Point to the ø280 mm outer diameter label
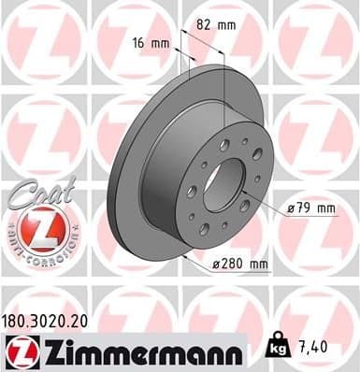click(x=240, y=265)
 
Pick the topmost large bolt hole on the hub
click(x=225, y=142)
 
